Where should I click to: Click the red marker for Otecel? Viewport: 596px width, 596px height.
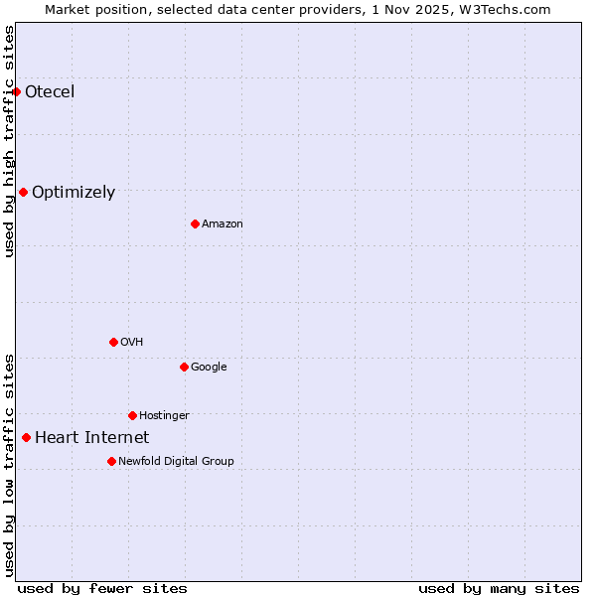16,91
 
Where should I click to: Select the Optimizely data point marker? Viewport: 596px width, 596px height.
23,192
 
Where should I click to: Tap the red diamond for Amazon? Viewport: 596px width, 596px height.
195,223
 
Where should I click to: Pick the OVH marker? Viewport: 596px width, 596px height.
113,342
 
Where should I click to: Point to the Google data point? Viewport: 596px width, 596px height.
184,367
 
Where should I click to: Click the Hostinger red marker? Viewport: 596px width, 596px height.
132,415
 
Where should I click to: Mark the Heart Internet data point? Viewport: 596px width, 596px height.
26,437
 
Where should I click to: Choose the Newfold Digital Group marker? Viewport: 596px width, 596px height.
111,461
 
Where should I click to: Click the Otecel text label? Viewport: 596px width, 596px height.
50,92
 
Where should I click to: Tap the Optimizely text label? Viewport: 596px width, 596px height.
74,193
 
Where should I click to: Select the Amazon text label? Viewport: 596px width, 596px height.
223,224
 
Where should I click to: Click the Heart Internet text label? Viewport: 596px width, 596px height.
91,438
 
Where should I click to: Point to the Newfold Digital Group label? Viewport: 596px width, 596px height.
176,461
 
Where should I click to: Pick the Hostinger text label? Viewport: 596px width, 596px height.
164,415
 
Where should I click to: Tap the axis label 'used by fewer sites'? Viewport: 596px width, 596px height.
102,589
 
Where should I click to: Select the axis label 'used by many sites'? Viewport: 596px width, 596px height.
499,589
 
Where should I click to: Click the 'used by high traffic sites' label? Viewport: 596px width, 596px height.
9,141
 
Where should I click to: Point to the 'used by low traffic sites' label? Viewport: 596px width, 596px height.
9,465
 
